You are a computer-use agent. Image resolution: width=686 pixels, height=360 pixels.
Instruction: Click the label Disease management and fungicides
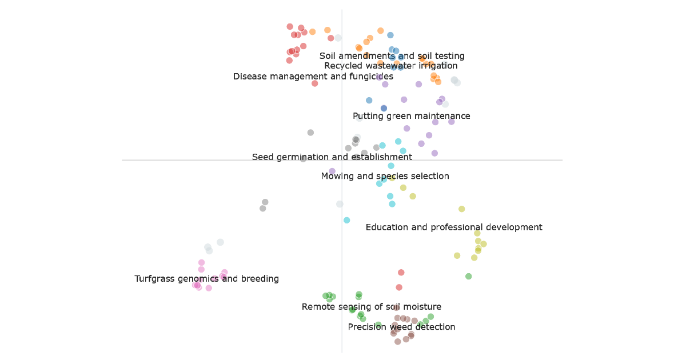click(313, 77)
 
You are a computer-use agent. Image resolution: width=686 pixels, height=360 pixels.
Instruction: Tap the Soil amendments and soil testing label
click(392, 56)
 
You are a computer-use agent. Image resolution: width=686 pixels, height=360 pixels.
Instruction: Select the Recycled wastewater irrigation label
click(390, 66)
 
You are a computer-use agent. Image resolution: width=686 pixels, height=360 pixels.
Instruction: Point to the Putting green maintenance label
click(411, 116)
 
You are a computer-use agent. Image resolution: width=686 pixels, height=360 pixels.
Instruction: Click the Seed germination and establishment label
click(332, 157)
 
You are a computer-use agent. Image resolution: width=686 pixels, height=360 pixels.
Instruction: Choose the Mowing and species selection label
click(385, 176)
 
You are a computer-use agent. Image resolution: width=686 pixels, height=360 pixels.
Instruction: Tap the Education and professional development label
click(453, 227)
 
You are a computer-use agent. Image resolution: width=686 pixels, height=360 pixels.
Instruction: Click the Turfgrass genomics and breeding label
click(206, 279)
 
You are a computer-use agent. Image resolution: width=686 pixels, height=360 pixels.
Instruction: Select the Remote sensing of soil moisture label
click(371, 307)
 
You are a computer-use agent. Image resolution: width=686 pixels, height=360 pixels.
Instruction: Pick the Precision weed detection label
click(401, 327)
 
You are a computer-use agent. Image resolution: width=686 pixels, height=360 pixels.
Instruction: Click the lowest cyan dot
click(346, 220)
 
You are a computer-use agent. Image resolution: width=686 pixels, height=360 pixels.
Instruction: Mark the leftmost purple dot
click(332, 171)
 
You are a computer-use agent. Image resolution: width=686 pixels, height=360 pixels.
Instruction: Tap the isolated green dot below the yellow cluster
click(468, 276)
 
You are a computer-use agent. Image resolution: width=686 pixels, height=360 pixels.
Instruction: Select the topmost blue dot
click(390, 35)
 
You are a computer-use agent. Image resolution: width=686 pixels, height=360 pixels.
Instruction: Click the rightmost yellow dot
click(484, 244)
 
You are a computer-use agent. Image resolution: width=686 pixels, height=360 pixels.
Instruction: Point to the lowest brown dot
click(397, 341)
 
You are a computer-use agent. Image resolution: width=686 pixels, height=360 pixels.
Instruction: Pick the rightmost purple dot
click(451, 121)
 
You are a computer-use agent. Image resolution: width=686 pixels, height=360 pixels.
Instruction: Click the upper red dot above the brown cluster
click(401, 273)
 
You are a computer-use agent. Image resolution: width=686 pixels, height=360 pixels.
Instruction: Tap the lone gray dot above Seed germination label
click(310, 133)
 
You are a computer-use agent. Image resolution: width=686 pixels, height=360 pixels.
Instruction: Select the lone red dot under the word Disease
click(314, 83)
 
